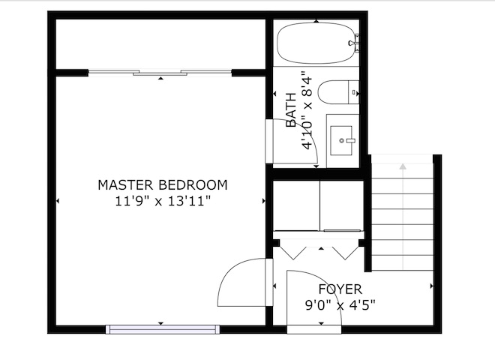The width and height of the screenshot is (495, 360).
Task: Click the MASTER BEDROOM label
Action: click(163, 184)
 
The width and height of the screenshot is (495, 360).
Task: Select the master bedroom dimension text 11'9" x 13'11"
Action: click(163, 201)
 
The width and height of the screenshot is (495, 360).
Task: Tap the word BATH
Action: click(291, 110)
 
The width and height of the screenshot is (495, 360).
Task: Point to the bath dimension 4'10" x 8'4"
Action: click(307, 110)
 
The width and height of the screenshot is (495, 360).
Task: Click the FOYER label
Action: click(340, 289)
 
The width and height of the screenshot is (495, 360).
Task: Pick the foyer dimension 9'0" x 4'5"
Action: click(340, 305)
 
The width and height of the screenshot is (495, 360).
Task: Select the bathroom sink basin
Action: click(341, 140)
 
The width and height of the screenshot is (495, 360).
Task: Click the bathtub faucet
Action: click(355, 43)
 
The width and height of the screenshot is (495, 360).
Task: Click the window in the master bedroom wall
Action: click(163, 329)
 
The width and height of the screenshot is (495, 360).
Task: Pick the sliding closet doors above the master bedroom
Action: click(160, 73)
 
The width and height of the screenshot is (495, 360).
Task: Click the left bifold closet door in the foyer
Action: click(293, 253)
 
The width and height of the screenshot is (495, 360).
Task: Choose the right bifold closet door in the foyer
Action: click(346, 253)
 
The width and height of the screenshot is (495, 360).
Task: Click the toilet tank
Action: click(353, 92)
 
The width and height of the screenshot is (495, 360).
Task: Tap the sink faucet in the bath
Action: click(350, 140)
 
